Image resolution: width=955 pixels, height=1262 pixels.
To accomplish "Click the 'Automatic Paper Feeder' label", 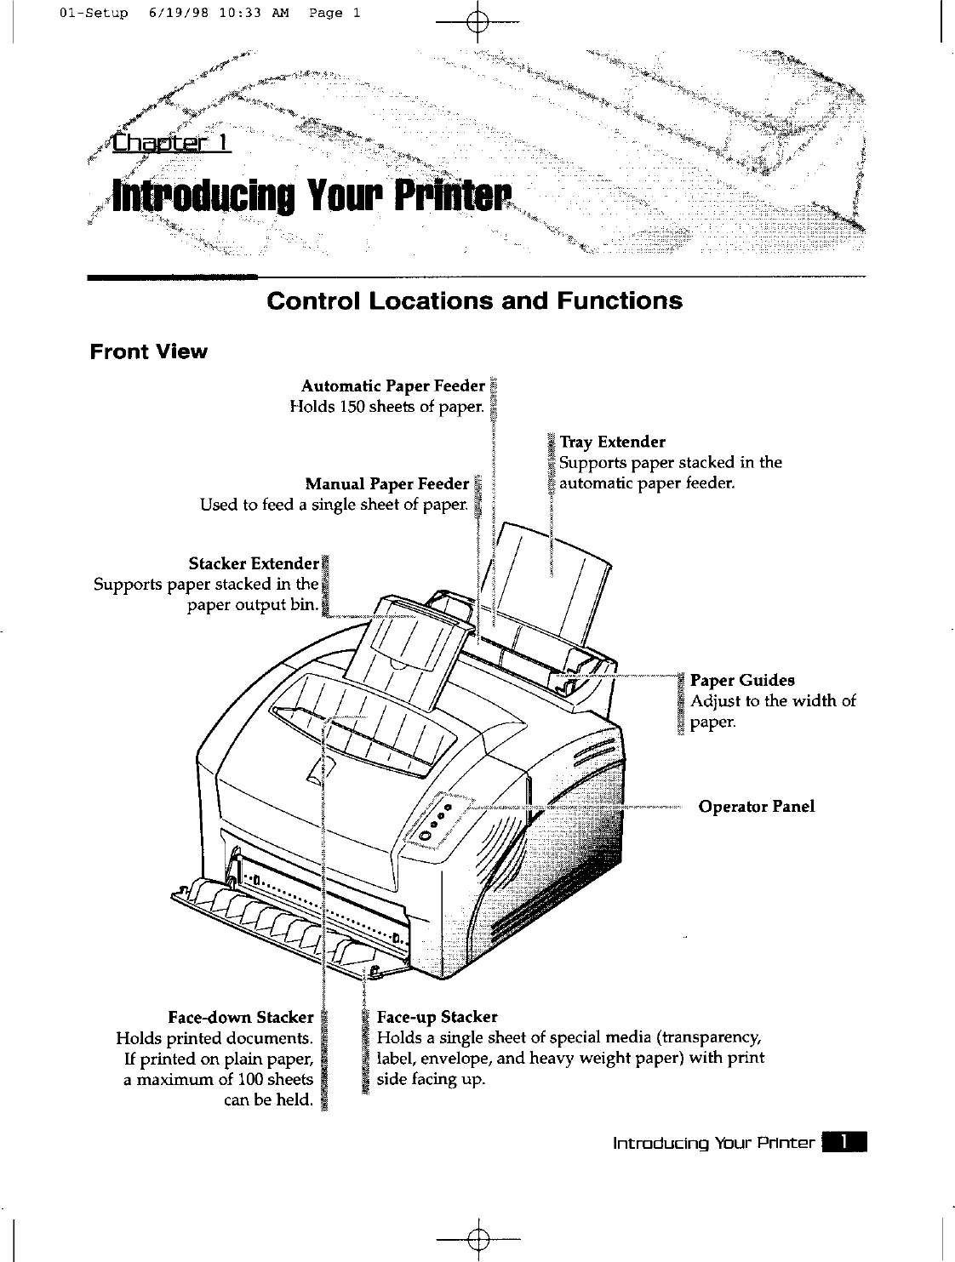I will (x=392, y=386).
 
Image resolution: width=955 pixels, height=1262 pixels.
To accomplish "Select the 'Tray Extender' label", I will (x=612, y=442).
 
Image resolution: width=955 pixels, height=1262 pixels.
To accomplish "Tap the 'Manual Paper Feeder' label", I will (x=386, y=484).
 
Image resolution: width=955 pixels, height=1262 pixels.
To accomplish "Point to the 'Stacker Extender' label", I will (x=253, y=563).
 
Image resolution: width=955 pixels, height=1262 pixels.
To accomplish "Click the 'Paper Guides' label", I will (x=742, y=680).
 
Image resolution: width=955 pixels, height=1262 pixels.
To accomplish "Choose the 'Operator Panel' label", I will (x=756, y=806).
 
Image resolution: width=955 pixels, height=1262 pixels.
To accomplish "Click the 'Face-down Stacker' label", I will (x=241, y=1017).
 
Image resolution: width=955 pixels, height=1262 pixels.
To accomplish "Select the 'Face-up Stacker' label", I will (x=437, y=1017).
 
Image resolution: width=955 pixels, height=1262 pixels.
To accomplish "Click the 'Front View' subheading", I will (x=149, y=351).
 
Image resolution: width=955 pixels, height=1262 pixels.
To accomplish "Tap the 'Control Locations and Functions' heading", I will (x=474, y=300).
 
